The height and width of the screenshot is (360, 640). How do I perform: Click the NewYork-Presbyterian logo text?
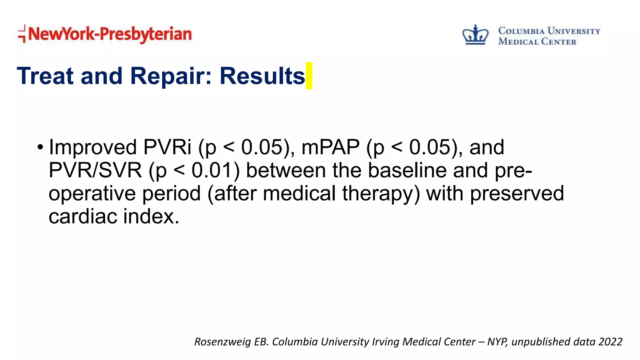tap(110, 34)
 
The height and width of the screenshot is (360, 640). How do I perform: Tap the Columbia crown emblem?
tap(475, 35)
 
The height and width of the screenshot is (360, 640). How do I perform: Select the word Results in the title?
tap(262, 76)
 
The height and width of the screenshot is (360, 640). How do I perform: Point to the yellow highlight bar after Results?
tap(309, 76)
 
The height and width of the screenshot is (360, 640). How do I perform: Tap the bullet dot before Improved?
tap(40, 147)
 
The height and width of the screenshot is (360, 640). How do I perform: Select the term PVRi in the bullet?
tap(167, 147)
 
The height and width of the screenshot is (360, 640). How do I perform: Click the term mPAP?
tap(331, 147)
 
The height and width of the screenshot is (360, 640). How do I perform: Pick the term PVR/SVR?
tap(95, 170)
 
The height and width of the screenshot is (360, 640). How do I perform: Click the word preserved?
tap(517, 193)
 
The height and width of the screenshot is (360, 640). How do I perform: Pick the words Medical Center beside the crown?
tap(537, 42)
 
